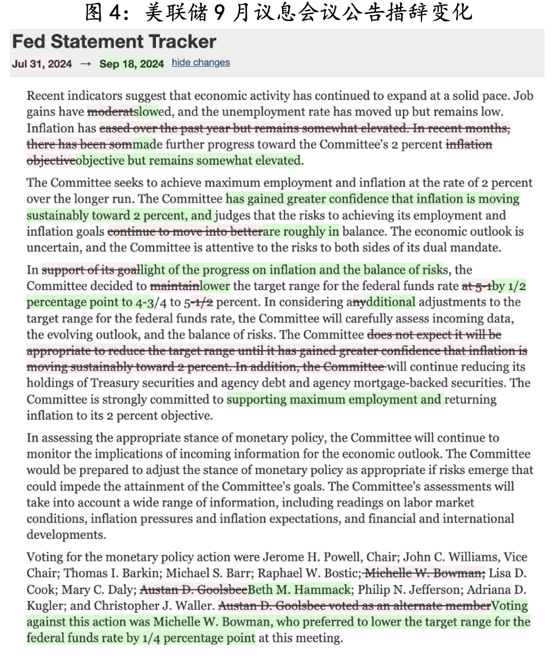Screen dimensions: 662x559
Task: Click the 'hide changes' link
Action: pyautogui.click(x=201, y=63)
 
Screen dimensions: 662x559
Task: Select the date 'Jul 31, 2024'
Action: pyautogui.click(x=42, y=64)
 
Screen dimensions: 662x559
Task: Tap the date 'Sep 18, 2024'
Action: pyautogui.click(x=132, y=64)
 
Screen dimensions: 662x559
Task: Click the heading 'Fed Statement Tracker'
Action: pyautogui.click(x=114, y=42)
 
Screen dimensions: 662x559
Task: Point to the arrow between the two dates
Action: pyautogui.click(x=85, y=64)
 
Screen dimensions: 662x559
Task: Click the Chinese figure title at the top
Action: pyautogui.click(x=278, y=12)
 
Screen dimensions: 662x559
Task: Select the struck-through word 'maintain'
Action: pyautogui.click(x=175, y=286)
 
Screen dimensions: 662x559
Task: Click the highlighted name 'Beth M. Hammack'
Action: pyautogui.click(x=299, y=590)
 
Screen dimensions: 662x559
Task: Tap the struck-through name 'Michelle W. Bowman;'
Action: pyautogui.click(x=424, y=574)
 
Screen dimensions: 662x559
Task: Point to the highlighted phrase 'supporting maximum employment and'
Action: pyautogui.click(x=334, y=399)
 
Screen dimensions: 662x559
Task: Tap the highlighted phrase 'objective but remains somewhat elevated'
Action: pyautogui.click(x=188, y=161)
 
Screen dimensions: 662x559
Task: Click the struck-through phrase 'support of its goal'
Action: pyautogui.click(x=90, y=270)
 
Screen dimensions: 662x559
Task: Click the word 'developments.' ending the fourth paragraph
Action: pyautogui.click(x=59, y=535)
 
